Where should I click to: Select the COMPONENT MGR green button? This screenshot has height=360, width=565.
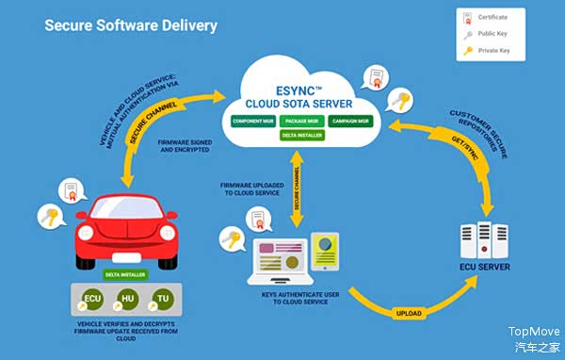(254, 121)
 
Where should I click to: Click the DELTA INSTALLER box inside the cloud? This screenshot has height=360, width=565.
(302, 136)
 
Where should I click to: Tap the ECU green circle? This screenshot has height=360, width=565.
(93, 301)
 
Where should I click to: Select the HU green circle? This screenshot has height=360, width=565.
(128, 301)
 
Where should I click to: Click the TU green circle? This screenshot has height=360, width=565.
(163, 301)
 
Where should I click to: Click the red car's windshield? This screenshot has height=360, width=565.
(119, 208)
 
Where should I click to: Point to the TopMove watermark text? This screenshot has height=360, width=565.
(534, 331)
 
